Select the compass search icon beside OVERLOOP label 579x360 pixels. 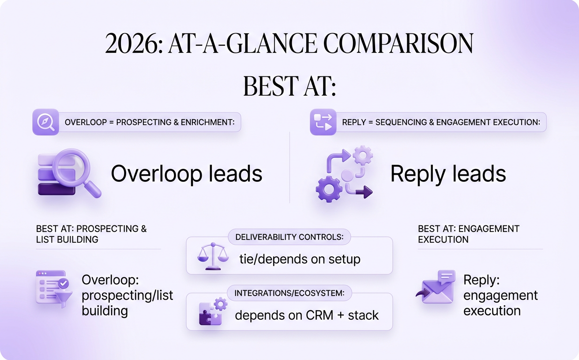click(x=45, y=122)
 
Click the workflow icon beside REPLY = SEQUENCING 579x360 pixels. click(x=323, y=122)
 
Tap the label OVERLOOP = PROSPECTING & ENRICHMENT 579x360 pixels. click(x=149, y=122)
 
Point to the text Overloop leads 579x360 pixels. click(x=186, y=173)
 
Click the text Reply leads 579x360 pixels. click(x=448, y=174)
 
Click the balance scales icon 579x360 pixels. click(x=213, y=256)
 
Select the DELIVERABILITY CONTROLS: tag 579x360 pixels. click(x=289, y=237)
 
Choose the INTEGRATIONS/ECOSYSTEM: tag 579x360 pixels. click(x=289, y=293)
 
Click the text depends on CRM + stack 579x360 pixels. click(x=307, y=315)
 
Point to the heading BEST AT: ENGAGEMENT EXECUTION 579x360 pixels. click(x=469, y=234)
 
